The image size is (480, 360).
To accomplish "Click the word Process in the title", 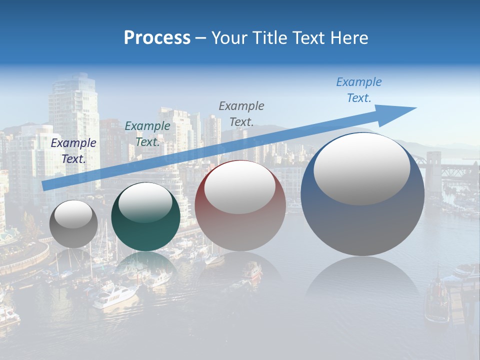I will click(x=157, y=38).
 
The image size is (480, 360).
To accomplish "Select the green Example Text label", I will click(x=147, y=134).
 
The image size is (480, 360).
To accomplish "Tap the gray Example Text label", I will click(x=241, y=113).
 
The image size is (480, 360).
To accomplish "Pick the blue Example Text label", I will click(x=358, y=90).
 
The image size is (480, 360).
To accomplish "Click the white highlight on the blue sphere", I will click(x=361, y=168).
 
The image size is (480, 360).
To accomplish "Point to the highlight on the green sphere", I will click(x=145, y=202).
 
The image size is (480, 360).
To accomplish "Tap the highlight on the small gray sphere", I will click(x=73, y=214).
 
